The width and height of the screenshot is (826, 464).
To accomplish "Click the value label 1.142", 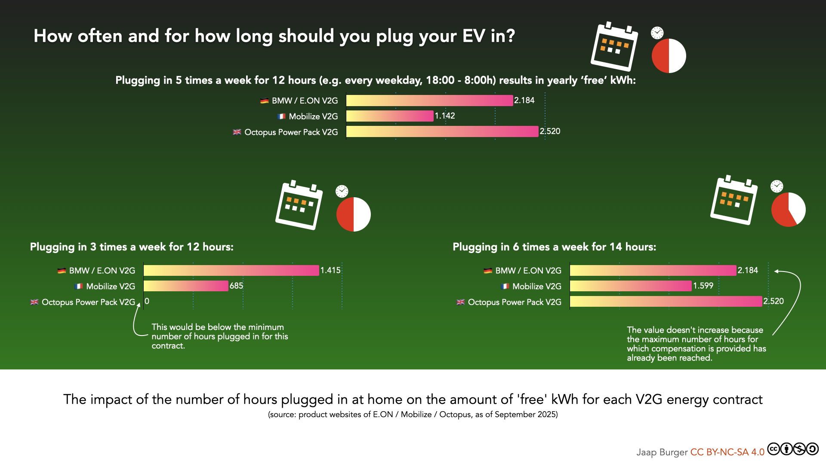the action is [x=445, y=116].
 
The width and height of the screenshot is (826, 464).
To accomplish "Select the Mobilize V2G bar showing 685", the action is [x=186, y=286].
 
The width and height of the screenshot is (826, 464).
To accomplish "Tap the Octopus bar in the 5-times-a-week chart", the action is [x=442, y=131].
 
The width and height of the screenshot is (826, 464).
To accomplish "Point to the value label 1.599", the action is [x=703, y=286].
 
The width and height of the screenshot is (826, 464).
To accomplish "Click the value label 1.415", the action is [x=330, y=270].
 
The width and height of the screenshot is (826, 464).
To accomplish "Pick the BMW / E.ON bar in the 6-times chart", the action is [x=653, y=270].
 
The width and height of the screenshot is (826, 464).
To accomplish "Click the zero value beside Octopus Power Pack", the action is [x=147, y=302].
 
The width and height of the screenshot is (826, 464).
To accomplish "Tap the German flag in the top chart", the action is [x=264, y=101].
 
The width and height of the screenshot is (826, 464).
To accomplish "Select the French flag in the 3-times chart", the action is [x=79, y=286].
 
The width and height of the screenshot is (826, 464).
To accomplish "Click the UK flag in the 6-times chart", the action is [x=461, y=302].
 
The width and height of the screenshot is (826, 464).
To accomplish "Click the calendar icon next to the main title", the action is [x=614, y=46].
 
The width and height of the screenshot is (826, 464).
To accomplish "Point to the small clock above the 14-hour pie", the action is [x=777, y=186].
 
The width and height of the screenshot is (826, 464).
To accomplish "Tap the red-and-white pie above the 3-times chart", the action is [x=353, y=214].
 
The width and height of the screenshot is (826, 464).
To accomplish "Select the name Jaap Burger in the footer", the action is [x=662, y=452].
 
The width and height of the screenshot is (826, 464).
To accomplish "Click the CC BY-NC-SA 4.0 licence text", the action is [x=727, y=452].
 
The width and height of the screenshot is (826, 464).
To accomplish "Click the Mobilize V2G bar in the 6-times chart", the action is [x=631, y=286].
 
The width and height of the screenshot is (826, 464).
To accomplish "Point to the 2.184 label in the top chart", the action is [x=524, y=101].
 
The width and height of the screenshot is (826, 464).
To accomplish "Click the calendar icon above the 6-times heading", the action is [x=734, y=200].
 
